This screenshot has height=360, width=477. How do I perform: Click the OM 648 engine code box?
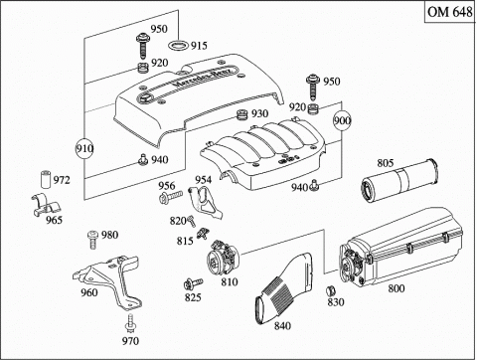(450, 12)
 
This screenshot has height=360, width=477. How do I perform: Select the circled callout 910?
(84, 148)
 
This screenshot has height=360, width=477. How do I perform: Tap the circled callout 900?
(342, 120)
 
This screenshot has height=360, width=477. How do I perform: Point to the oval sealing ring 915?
(179, 45)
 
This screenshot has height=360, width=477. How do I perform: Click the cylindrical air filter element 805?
(399, 181)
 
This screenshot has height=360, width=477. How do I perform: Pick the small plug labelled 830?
(331, 290)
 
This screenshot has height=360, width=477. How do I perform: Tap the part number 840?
(282, 326)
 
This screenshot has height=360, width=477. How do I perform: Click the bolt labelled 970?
(130, 322)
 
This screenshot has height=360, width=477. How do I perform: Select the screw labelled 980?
(93, 240)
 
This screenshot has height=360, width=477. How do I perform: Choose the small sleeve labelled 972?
(46, 179)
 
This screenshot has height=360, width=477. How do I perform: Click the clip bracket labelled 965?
(47, 204)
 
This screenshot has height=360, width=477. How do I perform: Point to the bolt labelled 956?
(171, 197)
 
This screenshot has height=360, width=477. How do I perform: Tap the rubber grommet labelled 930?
(242, 114)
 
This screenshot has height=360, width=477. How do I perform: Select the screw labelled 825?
(193, 283)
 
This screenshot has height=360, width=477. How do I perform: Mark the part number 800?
(397, 288)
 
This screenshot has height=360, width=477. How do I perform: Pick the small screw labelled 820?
(191, 221)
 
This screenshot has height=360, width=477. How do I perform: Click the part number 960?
(89, 292)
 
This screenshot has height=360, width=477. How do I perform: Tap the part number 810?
(230, 282)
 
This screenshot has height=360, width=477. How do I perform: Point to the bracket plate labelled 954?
(205, 202)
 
